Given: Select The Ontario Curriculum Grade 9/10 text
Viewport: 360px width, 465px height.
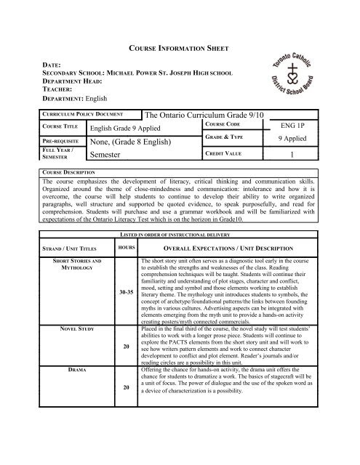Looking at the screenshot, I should click(208, 115).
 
